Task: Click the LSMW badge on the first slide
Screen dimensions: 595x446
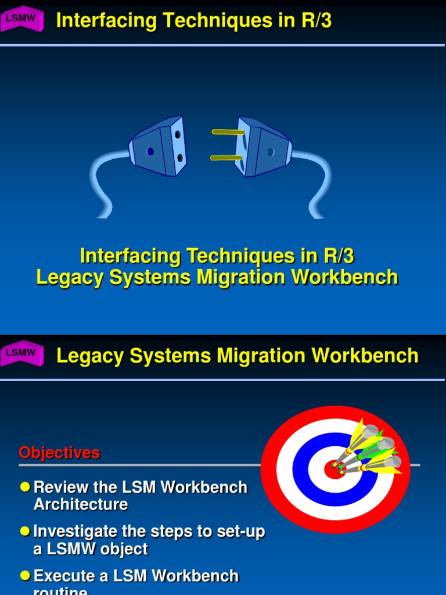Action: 21,19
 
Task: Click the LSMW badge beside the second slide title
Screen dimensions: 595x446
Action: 21,353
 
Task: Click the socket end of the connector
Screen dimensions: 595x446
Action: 158,146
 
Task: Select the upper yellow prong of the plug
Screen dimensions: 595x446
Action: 228,132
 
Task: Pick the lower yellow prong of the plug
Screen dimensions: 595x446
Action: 226,157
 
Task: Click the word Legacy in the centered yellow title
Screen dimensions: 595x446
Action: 64,277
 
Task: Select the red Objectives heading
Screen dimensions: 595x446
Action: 59,453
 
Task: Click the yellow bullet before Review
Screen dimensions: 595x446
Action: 24,486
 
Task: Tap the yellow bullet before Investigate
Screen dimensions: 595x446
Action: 24,531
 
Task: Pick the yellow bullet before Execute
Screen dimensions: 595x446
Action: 24,575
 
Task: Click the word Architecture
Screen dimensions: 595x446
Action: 81,504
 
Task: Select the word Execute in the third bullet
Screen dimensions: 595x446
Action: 62,576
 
